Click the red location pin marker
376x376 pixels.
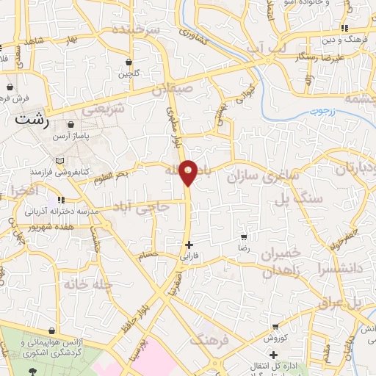pyautogui.click(x=189, y=172)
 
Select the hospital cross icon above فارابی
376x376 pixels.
pyautogui.click(x=189, y=245)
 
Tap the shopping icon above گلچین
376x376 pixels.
pyautogui.click(x=129, y=62)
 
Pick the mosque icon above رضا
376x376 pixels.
pyautogui.click(x=244, y=237)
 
